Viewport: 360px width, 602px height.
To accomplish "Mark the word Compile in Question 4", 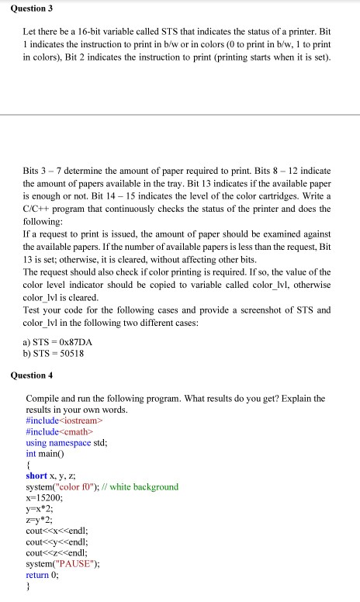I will pos(43,397).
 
